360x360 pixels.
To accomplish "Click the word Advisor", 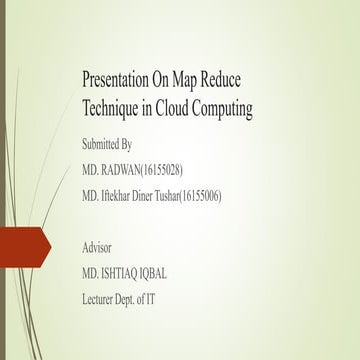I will click(99, 246).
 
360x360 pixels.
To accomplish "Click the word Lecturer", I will click(104, 297).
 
